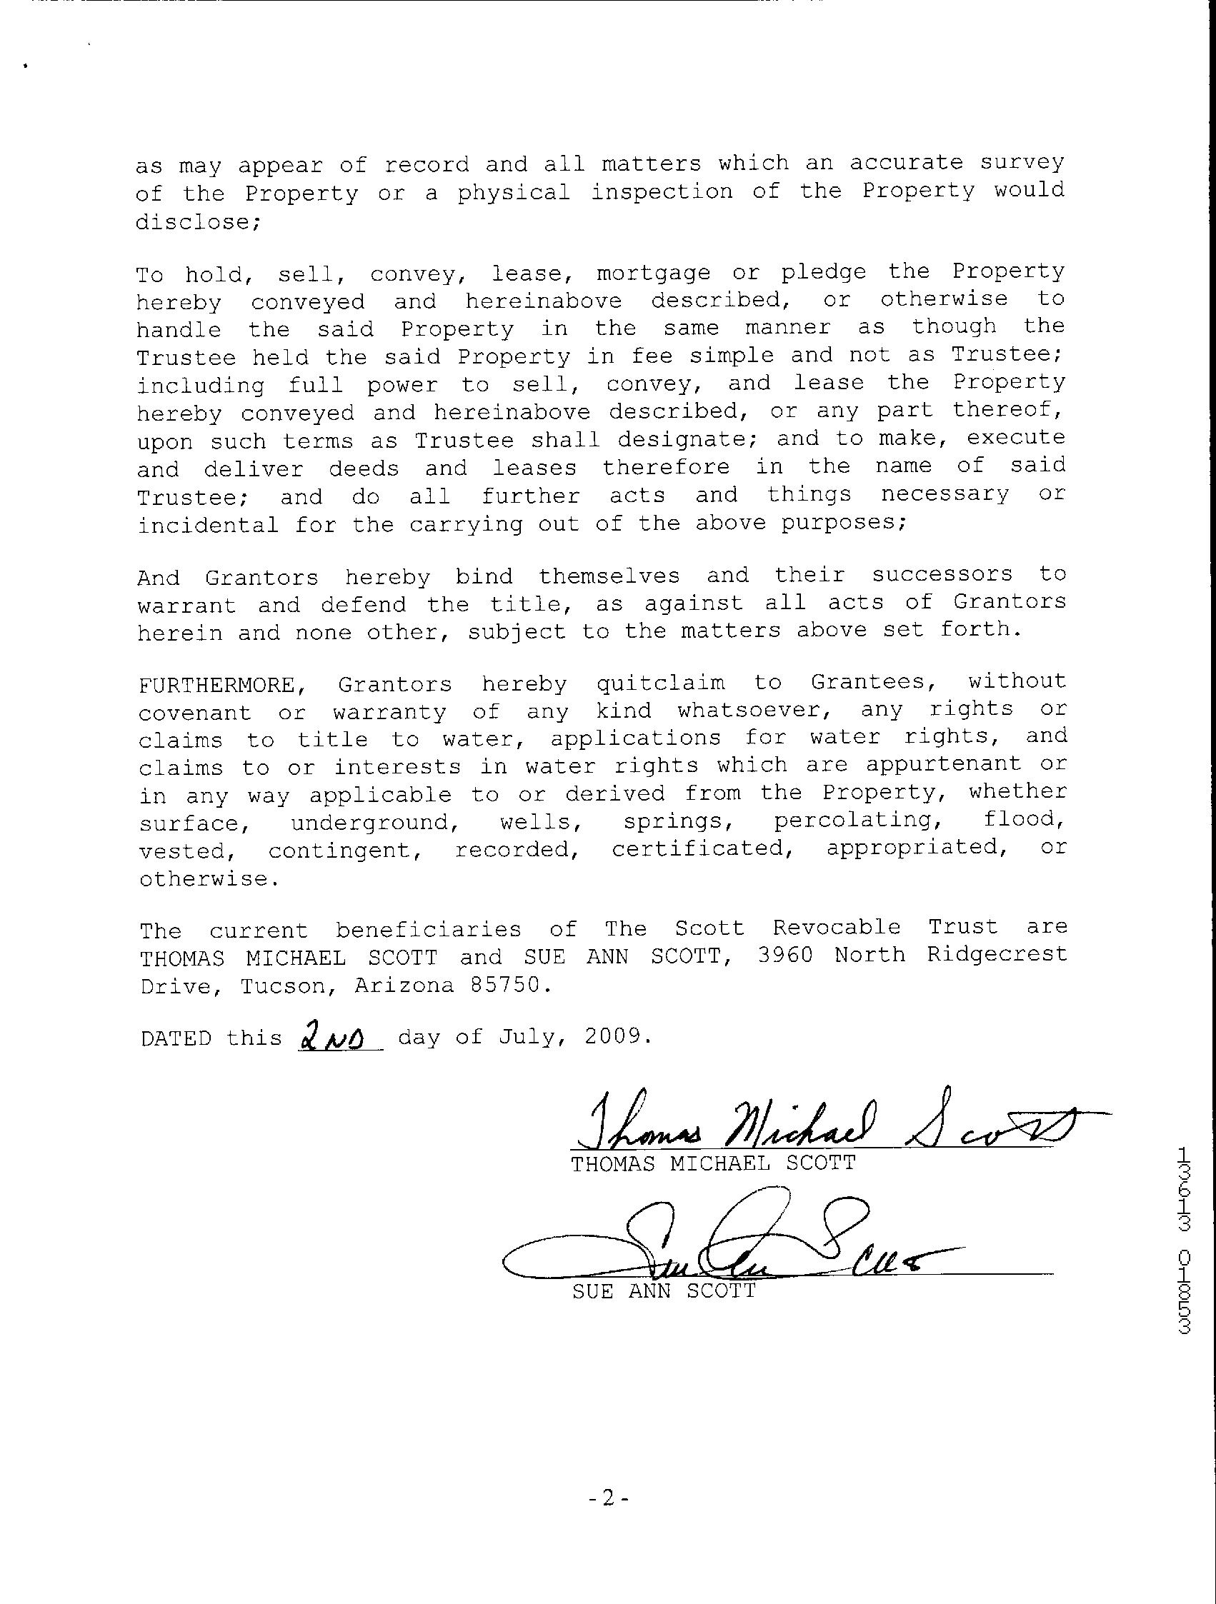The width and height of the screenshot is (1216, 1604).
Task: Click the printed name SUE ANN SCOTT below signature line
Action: coord(663,1291)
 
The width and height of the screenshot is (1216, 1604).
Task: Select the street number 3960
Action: coord(785,956)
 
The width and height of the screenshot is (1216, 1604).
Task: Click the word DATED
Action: coord(176,1038)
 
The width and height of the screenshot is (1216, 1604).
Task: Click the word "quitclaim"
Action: coord(659,683)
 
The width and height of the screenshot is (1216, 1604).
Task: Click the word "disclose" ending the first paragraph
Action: coord(196,222)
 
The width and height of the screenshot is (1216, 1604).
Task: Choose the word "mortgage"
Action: coord(653,274)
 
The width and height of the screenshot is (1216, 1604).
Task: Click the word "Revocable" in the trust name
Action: coord(836,928)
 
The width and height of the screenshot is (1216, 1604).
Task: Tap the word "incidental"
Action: coord(207,525)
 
